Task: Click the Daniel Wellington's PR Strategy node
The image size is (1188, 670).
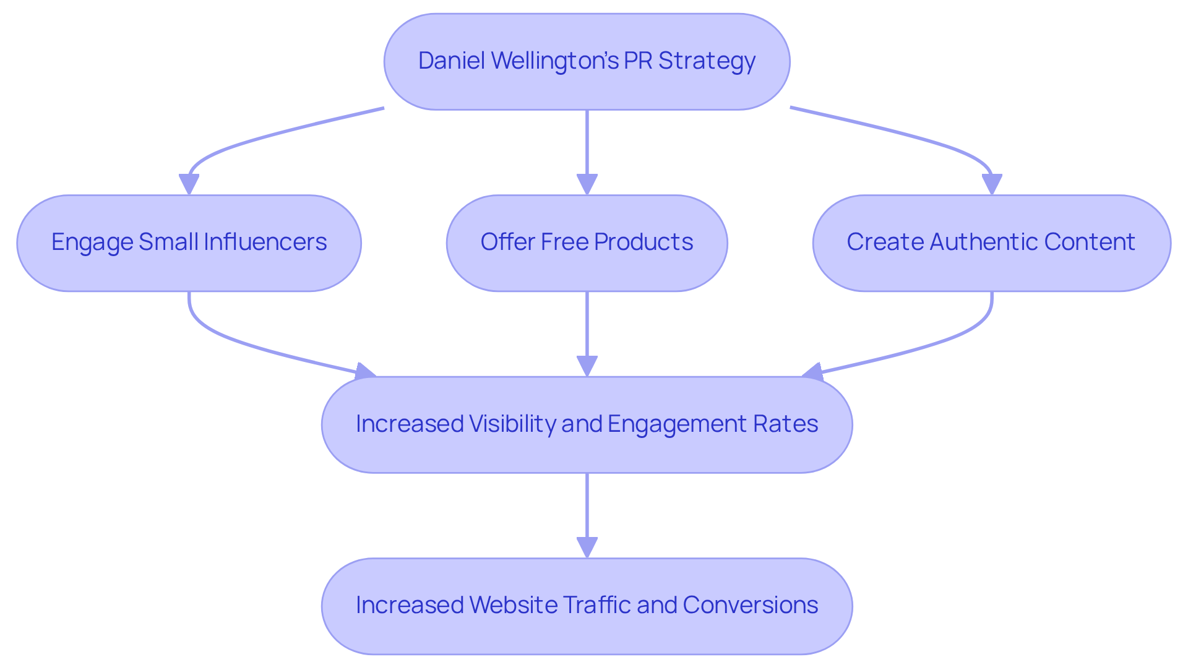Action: (x=587, y=62)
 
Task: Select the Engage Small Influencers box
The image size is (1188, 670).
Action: (x=189, y=243)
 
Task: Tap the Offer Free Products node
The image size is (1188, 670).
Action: (x=587, y=243)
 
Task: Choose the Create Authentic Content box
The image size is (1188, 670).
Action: (x=991, y=243)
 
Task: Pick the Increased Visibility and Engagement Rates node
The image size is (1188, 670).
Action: (x=587, y=424)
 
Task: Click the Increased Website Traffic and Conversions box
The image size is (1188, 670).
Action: (x=587, y=606)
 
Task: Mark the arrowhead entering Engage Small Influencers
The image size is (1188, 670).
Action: (x=189, y=184)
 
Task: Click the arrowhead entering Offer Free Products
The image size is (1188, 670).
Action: (x=587, y=184)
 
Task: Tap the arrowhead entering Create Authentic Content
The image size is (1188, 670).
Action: (x=991, y=184)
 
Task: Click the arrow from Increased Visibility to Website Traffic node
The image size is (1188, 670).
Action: (x=587, y=507)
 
